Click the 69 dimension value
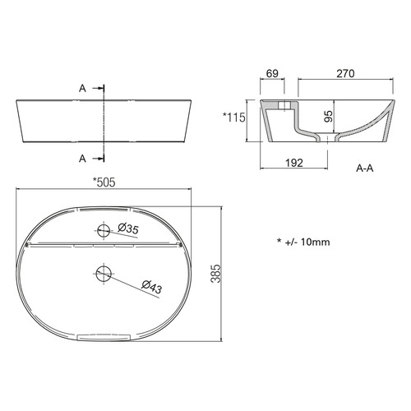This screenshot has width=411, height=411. pos(272,73)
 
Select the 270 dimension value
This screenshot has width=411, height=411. pos(345,73)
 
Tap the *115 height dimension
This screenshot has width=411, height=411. pos(234,118)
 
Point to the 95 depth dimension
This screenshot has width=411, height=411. pos(328,116)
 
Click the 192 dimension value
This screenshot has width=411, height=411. pos(294,163)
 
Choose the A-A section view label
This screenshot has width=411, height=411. pos(365,168)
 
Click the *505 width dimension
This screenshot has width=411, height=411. pos(104,182)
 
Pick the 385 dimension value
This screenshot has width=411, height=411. pos(215,274)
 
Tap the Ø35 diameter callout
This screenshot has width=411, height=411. pos(128,229)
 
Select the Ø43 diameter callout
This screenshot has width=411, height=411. pos(152,287)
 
